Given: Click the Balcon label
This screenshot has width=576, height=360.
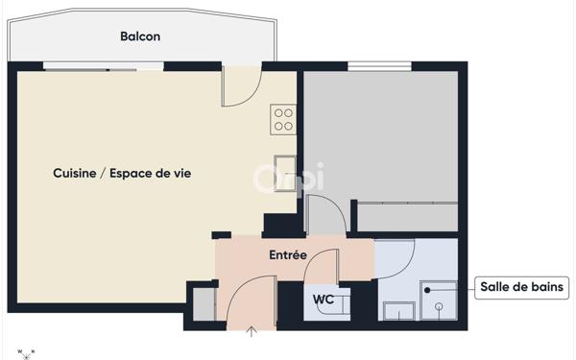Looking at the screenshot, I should tap(140, 36).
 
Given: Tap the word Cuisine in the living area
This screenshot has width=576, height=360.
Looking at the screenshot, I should tap(74, 173).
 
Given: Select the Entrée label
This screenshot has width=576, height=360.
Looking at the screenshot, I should tap(287, 255).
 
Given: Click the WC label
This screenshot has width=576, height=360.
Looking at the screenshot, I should tap(324, 300).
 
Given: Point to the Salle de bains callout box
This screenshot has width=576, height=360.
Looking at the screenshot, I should tap(524, 287).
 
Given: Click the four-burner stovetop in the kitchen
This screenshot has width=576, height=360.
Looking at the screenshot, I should tap(283, 118).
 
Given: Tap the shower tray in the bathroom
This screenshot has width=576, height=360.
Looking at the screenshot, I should tap(440, 300).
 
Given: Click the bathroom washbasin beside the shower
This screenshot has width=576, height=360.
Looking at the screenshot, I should tap(397, 310).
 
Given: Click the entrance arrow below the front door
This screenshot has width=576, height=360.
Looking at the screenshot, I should tap(252, 333).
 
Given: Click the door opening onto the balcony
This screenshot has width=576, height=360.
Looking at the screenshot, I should tap(241, 86).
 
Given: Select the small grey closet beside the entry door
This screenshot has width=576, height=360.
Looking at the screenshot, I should tap(204, 304).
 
